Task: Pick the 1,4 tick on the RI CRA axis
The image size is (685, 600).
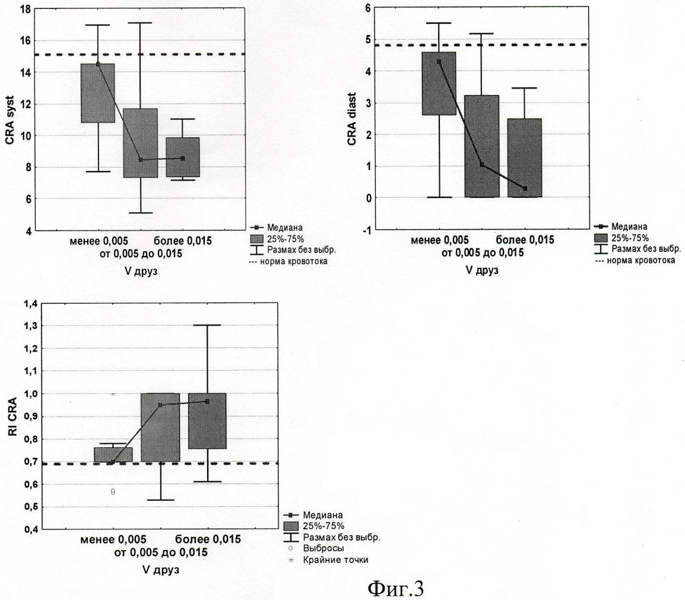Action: [30, 304]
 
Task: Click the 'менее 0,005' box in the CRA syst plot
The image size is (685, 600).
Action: [98, 93]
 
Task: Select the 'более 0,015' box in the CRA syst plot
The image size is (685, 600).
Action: [183, 157]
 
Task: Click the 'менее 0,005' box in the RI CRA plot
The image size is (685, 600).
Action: [113, 454]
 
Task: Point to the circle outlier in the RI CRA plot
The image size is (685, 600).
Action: [113, 492]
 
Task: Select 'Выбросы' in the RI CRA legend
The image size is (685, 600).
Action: [324, 548]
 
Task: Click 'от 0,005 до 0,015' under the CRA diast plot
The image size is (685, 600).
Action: [482, 252]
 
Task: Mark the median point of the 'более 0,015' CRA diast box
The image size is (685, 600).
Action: [524, 188]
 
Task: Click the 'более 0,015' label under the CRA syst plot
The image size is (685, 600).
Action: [183, 241]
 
